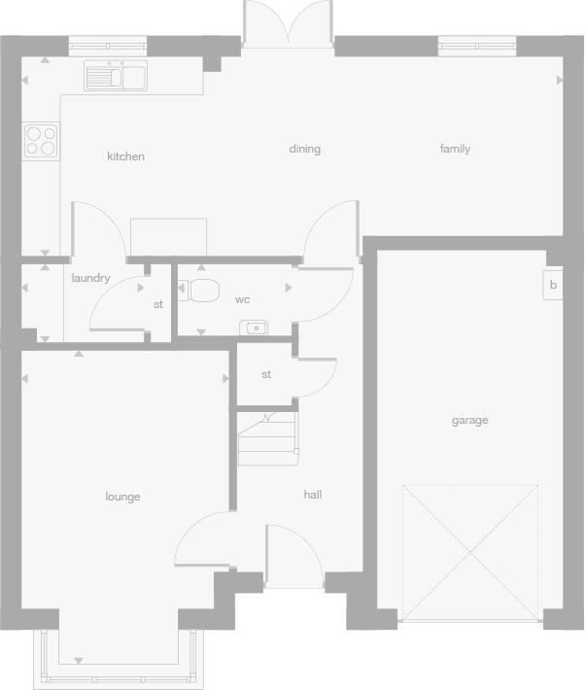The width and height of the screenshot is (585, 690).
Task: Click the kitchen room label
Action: click(125, 156)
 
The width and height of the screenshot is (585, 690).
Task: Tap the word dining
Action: click(304, 149)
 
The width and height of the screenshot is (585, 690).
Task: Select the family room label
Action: click(455, 149)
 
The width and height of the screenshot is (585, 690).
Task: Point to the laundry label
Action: click(90, 278)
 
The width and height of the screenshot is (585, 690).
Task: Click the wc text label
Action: click(243, 299)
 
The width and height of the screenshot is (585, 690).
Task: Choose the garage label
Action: click(469, 421)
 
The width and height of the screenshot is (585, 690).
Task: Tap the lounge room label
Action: click(122, 497)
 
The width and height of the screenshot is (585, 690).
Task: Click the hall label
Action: click(312, 495)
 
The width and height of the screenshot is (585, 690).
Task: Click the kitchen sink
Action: click(115, 76)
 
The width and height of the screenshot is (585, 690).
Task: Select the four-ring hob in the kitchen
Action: click(40, 141)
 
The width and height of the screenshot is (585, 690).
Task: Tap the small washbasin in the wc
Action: click(255, 328)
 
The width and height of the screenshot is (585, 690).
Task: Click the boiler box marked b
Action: click(552, 285)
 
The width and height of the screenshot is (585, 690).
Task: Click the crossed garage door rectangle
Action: click(470, 552)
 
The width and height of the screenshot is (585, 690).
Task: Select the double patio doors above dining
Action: click(288, 24)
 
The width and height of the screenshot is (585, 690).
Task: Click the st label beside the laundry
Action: click(158, 304)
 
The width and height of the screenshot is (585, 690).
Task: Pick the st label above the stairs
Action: click(266, 374)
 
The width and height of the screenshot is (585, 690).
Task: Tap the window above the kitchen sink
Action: click(108, 43)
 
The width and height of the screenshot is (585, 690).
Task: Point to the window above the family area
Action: click(477, 43)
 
